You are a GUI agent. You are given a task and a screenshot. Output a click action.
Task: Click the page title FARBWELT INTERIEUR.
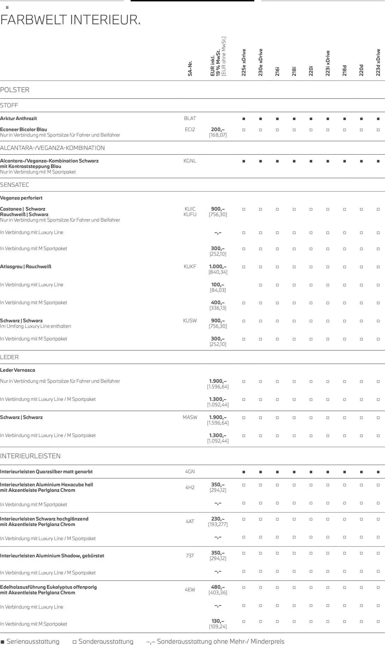[x=70, y=20]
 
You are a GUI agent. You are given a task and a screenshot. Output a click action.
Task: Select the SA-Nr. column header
[x=190, y=68]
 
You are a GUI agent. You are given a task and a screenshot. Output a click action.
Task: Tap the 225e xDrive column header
[x=244, y=62]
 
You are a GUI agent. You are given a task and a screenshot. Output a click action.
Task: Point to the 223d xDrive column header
[x=378, y=62]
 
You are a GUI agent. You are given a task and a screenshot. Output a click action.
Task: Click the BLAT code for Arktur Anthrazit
[x=190, y=118]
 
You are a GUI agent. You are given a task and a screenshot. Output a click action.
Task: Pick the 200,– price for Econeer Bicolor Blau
[x=218, y=129]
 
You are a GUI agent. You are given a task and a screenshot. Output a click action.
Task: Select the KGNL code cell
[x=190, y=161]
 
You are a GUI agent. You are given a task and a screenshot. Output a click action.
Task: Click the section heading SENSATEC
[x=14, y=185]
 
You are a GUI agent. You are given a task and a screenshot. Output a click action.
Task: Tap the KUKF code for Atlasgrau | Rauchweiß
[x=190, y=266]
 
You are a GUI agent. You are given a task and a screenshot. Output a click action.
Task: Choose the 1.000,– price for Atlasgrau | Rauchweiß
[x=218, y=266]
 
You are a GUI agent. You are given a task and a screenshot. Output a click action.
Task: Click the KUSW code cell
[x=190, y=320]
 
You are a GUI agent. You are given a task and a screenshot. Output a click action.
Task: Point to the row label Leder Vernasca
[x=17, y=370]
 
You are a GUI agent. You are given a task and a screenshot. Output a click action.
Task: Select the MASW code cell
[x=190, y=417]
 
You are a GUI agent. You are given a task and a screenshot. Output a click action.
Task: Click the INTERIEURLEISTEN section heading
[x=30, y=456]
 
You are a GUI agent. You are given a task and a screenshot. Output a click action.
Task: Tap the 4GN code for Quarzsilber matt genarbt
[x=190, y=471]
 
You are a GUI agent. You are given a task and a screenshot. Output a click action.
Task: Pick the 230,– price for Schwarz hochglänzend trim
[x=218, y=519]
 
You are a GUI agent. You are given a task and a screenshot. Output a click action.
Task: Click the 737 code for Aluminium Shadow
[x=190, y=556]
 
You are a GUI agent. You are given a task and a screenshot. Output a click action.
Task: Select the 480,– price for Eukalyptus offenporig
[x=218, y=587]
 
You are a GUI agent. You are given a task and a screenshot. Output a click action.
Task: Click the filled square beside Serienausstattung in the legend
[x=2, y=642]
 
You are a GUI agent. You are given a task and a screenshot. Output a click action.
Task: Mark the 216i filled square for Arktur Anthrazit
[x=277, y=119]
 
